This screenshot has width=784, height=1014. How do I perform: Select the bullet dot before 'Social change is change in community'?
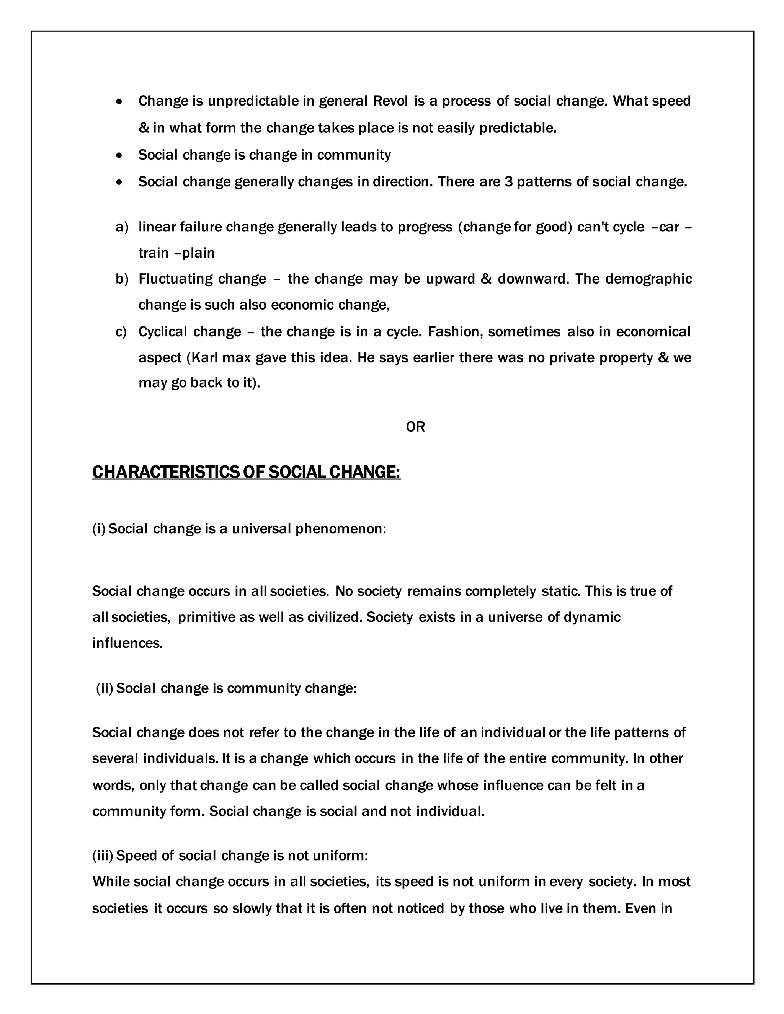click(120, 155)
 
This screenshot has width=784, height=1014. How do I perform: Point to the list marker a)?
click(122, 227)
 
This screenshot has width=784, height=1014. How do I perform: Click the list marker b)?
click(122, 279)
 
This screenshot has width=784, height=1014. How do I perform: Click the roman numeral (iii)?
click(103, 856)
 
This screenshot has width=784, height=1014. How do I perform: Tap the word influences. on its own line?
click(128, 643)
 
